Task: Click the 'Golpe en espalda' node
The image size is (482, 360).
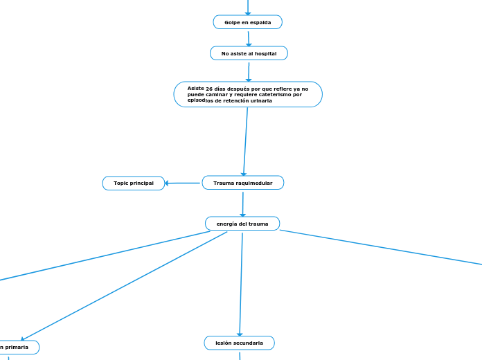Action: [x=247, y=22]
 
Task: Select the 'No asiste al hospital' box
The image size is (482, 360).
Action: [x=249, y=53]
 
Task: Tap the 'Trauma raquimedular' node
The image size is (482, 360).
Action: [x=242, y=183]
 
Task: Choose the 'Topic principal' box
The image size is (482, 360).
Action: [x=134, y=183]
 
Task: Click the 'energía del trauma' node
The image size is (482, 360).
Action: [x=242, y=224]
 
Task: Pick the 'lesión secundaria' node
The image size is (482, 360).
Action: [x=239, y=343]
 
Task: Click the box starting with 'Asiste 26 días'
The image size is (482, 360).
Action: [x=248, y=94]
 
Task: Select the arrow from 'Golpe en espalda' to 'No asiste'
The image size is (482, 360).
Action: [x=248, y=38]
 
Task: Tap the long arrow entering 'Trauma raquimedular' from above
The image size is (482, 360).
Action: [x=245, y=142]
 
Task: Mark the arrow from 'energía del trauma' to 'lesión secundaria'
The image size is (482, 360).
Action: [x=241, y=284]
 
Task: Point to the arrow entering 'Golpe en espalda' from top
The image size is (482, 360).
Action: [x=247, y=7]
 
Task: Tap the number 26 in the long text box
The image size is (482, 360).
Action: [x=209, y=89]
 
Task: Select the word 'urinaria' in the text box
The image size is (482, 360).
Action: [x=258, y=100]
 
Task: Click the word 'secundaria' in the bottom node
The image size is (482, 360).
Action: [x=249, y=343]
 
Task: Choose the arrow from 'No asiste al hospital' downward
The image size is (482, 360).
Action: [x=249, y=71]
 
